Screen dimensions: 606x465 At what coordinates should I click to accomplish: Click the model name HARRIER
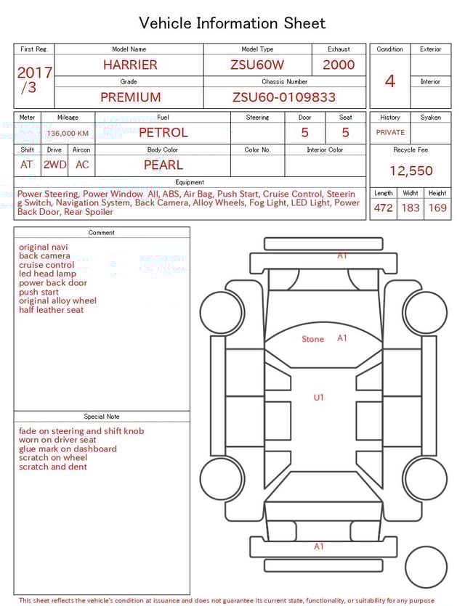pyautogui.click(x=130, y=65)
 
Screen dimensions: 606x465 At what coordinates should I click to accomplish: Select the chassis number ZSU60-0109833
pyautogui.click(x=284, y=97)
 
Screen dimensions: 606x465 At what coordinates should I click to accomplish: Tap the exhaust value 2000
pyautogui.click(x=339, y=65)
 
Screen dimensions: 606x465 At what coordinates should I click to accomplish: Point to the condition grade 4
pyautogui.click(x=390, y=81)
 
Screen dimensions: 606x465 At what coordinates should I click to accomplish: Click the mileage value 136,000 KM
pyautogui.click(x=68, y=134)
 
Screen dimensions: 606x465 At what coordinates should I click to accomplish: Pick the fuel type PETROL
pyautogui.click(x=163, y=132)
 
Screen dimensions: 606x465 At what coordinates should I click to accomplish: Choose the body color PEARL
pyautogui.click(x=163, y=165)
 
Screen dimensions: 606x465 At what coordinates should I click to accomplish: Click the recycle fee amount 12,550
pyautogui.click(x=411, y=171)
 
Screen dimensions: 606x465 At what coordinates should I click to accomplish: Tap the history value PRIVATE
pyautogui.click(x=390, y=133)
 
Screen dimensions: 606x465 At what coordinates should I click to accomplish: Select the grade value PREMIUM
pyautogui.click(x=130, y=97)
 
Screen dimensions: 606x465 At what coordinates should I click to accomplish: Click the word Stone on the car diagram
pyautogui.click(x=312, y=339)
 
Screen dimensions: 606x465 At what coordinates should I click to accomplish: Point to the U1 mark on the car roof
pyautogui.click(x=319, y=397)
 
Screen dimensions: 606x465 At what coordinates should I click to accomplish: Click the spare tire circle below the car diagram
pyautogui.click(x=426, y=567)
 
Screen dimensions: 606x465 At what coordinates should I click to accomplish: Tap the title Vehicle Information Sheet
pyautogui.click(x=232, y=23)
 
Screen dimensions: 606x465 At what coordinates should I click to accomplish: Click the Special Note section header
pyautogui.click(x=102, y=417)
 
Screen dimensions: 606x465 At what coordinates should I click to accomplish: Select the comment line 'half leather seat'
pyautogui.click(x=51, y=310)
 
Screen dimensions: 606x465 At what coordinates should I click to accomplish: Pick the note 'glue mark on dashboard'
pyautogui.click(x=68, y=449)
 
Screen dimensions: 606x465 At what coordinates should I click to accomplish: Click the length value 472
pyautogui.click(x=383, y=208)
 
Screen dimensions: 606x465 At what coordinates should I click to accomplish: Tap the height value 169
pyautogui.click(x=437, y=208)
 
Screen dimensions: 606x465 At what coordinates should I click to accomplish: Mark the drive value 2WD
pyautogui.click(x=54, y=165)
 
